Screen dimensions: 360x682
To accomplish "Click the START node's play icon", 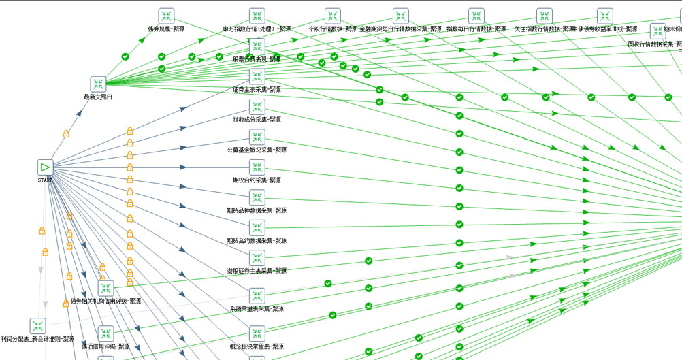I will [x=45, y=167].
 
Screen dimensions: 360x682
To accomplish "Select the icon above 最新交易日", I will [x=99, y=84].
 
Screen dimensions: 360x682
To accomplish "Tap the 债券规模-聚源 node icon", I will [x=167, y=16].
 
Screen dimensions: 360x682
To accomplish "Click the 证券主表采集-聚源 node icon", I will [x=257, y=76].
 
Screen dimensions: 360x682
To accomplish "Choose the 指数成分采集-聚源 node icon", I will [x=257, y=107].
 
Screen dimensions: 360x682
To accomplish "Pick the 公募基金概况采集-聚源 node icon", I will [x=257, y=137].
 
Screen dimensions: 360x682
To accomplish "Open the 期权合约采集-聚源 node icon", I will [x=257, y=167].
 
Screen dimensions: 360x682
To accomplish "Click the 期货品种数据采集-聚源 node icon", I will [x=257, y=197].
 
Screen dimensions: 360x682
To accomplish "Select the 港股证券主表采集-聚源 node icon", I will [x=257, y=258].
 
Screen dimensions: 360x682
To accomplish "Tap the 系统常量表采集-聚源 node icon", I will [x=257, y=296].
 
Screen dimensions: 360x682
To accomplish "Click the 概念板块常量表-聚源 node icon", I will [x=257, y=333].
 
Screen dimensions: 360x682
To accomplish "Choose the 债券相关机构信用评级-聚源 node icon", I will [x=105, y=288].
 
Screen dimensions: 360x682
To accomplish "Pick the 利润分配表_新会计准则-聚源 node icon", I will [x=37, y=326].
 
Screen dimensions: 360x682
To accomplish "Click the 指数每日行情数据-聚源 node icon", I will [x=476, y=16].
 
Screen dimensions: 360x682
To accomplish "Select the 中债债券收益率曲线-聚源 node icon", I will [x=605, y=16].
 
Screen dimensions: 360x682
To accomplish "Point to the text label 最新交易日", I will [x=99, y=97].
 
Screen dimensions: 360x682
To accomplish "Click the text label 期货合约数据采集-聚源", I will [x=257, y=241].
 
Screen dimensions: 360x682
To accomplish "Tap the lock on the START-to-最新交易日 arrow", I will [x=66, y=134].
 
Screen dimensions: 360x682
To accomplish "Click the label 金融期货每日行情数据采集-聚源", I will [x=400, y=29].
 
